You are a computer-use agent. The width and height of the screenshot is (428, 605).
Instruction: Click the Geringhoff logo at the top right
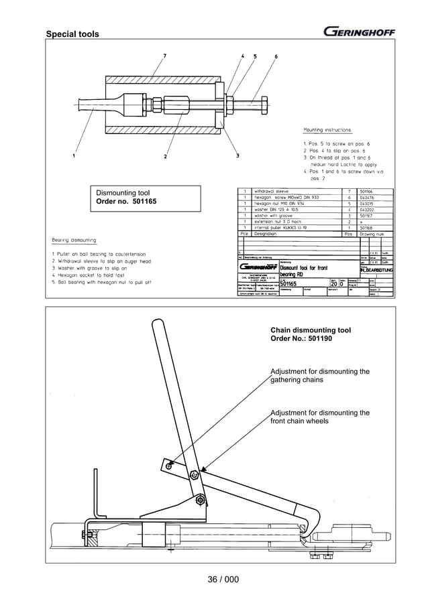[x=359, y=31]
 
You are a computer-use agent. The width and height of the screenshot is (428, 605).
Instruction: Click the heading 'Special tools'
[x=72, y=34]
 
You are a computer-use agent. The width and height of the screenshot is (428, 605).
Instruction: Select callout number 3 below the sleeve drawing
[x=238, y=157]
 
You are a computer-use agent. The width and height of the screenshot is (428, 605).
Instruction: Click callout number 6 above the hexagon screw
[x=276, y=56]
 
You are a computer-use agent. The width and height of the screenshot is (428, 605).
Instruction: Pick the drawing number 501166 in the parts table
[x=370, y=191]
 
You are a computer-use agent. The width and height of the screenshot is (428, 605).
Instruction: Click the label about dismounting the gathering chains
[x=319, y=376]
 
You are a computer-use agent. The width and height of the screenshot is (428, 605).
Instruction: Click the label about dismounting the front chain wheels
[x=319, y=417]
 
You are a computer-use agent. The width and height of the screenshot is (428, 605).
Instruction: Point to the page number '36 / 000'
[x=215, y=580]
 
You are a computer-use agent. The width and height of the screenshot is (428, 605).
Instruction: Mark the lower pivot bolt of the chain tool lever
[x=200, y=500]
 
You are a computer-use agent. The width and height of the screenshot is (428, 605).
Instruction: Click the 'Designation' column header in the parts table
[x=268, y=235]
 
